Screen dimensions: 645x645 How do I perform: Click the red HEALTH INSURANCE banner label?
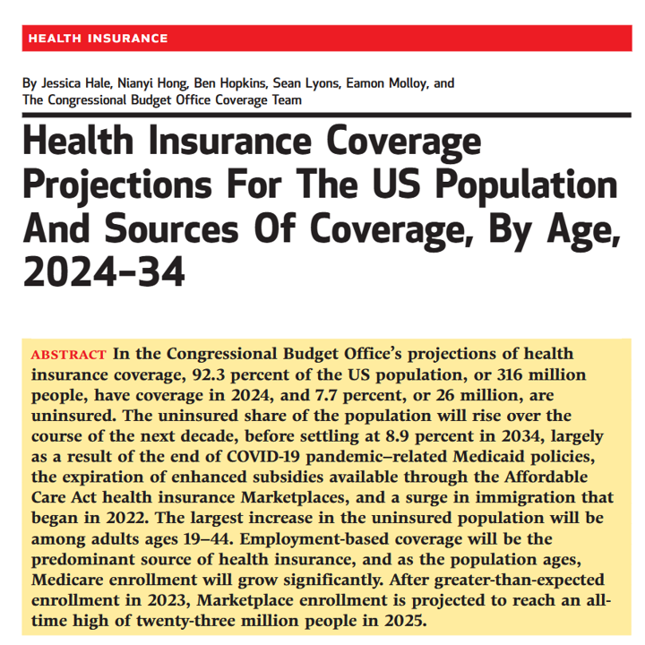(98, 38)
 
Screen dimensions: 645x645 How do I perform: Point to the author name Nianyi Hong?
(156, 83)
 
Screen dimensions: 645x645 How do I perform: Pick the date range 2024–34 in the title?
(102, 269)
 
